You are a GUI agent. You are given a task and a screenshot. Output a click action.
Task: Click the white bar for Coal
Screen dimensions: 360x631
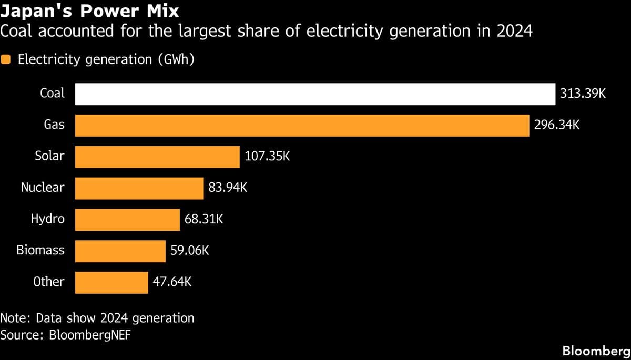point(315,94)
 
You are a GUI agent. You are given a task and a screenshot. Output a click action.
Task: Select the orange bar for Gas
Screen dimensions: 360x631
point(302,126)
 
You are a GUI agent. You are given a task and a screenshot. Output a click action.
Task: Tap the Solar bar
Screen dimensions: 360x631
point(157,157)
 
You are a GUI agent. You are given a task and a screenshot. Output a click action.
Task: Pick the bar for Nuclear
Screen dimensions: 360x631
point(139,188)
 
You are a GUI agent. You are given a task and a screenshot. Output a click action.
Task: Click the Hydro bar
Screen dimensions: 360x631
point(127,220)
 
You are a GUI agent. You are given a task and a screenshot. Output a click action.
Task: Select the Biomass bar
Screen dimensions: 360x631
point(120,251)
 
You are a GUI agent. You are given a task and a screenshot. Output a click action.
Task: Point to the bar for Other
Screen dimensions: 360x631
point(111,283)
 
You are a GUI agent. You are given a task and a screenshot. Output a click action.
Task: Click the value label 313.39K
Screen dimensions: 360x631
point(584,94)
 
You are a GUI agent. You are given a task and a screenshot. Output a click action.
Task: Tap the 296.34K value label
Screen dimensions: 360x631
point(557,126)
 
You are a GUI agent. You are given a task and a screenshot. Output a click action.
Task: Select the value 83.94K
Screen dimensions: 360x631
point(228,188)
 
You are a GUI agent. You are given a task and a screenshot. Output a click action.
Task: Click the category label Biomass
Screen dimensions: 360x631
point(40,250)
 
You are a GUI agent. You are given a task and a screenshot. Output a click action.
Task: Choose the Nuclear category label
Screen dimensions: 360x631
point(43,187)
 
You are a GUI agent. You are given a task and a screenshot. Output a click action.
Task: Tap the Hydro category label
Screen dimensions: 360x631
point(48,219)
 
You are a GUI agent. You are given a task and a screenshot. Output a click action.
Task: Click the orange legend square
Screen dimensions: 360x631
point(6,60)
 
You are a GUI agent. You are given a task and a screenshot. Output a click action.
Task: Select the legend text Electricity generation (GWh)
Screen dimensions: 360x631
point(106,60)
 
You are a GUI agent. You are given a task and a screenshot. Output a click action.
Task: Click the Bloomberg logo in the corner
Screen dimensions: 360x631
point(596,351)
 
